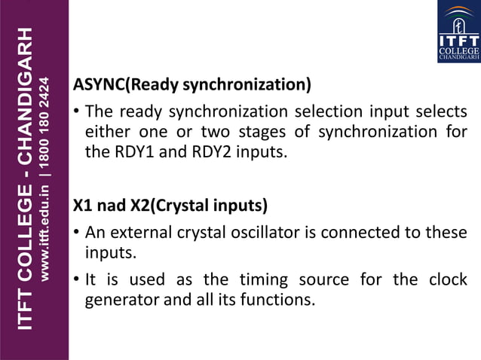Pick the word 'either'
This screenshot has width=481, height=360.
click(109, 132)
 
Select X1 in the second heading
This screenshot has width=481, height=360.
click(82, 205)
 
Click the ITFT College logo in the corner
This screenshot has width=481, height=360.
click(458, 32)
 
